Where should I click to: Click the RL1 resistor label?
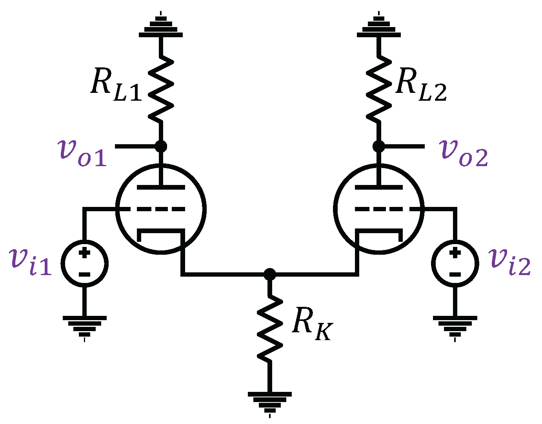tap(116, 85)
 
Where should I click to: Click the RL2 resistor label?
tap(421, 85)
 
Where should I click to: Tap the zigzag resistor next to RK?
tap(269, 327)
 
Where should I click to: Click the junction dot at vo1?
tap(161, 146)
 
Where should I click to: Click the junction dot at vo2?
tap(378, 146)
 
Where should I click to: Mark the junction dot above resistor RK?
tap(269, 274)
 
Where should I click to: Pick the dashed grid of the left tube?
tap(161, 209)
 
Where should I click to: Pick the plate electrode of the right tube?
tap(378, 187)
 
